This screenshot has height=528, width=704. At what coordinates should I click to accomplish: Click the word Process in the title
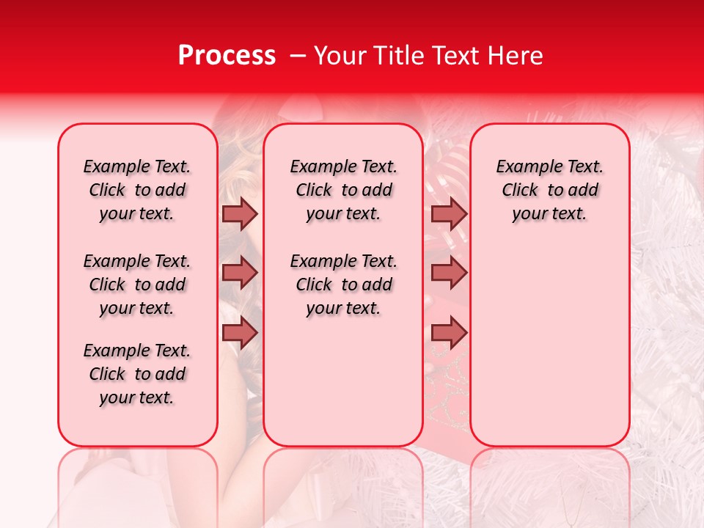click(227, 56)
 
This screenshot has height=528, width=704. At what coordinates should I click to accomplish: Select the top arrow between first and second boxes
click(240, 213)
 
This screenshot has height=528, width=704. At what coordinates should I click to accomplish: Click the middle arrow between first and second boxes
click(240, 273)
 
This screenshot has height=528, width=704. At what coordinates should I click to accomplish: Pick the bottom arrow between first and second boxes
click(240, 333)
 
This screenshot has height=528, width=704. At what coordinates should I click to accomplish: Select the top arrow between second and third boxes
click(449, 213)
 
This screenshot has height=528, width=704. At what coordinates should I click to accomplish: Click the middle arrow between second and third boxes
click(449, 273)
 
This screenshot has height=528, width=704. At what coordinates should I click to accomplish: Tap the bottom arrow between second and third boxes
click(449, 333)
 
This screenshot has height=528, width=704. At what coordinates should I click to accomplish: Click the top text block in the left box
click(137, 190)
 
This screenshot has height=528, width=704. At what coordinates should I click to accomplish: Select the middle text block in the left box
click(137, 285)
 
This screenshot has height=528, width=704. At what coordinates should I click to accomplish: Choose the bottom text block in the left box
click(137, 374)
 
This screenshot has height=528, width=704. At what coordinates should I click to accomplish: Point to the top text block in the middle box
click(344, 190)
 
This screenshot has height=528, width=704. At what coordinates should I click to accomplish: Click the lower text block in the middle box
click(344, 285)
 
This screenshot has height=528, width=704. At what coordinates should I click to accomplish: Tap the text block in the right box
click(550, 190)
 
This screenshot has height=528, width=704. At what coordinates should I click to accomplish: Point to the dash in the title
click(298, 56)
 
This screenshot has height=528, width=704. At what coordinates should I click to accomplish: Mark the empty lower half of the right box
click(550, 345)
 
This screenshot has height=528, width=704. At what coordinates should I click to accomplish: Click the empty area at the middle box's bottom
click(344, 389)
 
